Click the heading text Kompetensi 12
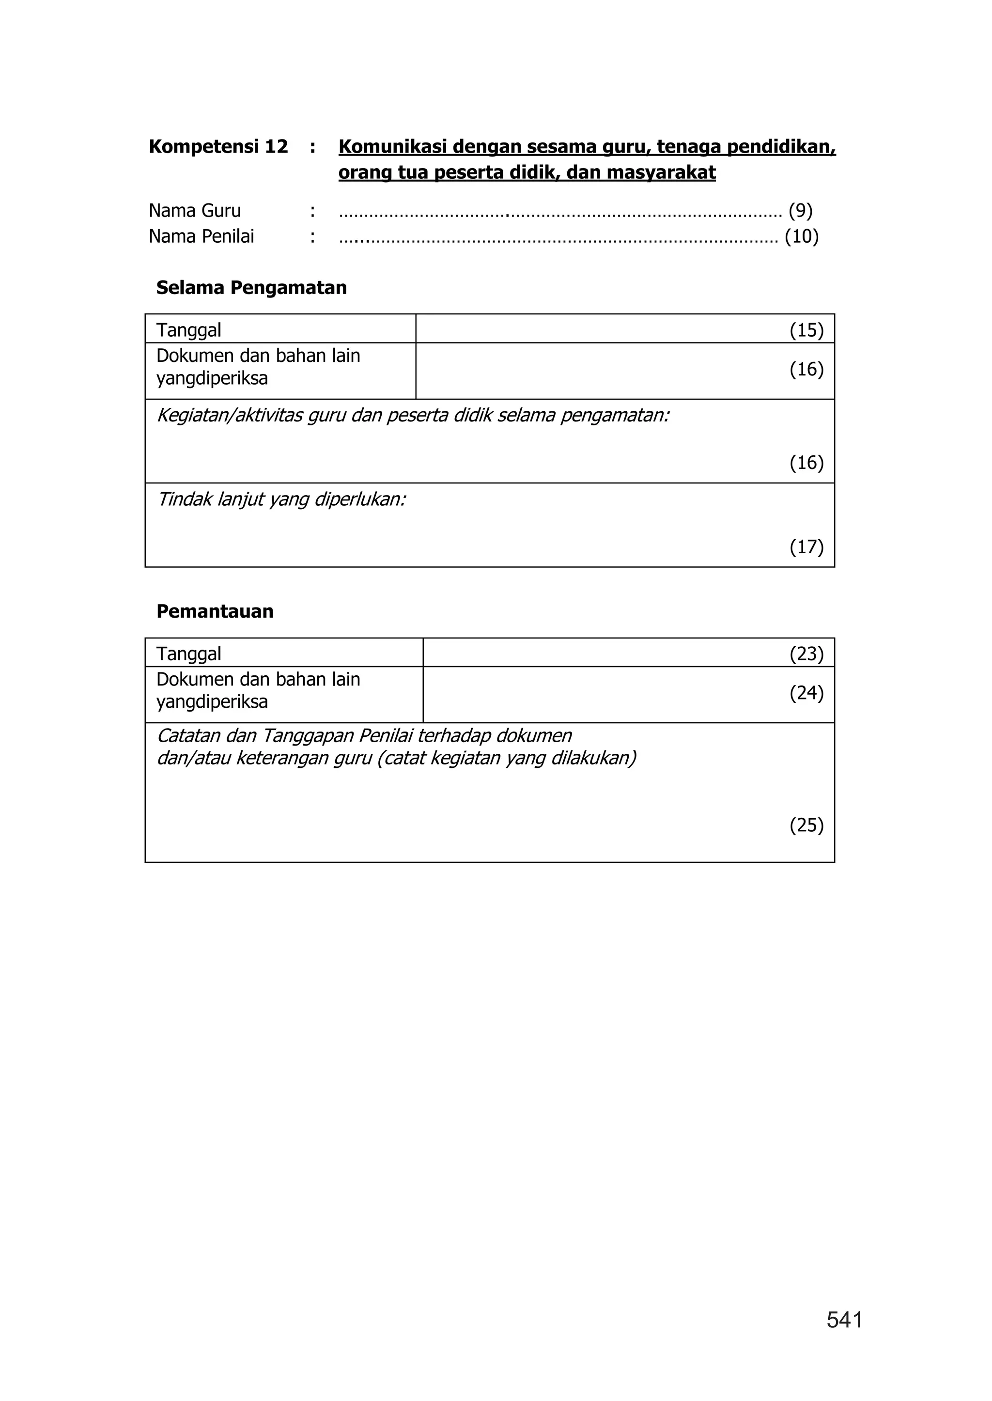pyautogui.click(x=218, y=147)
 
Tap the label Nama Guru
pyautogui.click(x=195, y=211)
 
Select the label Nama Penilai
pyautogui.click(x=201, y=236)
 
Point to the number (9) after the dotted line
pyautogui.click(x=800, y=211)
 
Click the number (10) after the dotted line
pyautogui.click(x=802, y=236)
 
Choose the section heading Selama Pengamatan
pyautogui.click(x=251, y=288)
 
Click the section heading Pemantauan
pyautogui.click(x=215, y=611)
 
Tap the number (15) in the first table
pyautogui.click(x=806, y=330)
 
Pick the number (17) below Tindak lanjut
pyautogui.click(x=806, y=546)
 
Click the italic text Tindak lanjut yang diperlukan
pyautogui.click(x=281, y=500)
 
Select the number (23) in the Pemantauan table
pyautogui.click(x=806, y=654)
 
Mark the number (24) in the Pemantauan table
pyautogui.click(x=806, y=693)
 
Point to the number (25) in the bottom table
pyautogui.click(x=806, y=825)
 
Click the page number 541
pyautogui.click(x=844, y=1321)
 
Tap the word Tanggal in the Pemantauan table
pyautogui.click(x=189, y=654)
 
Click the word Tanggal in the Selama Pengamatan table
pyautogui.click(x=189, y=330)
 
